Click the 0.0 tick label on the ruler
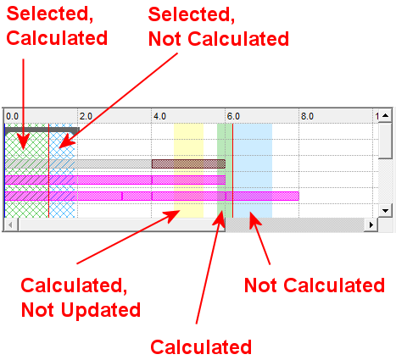12,116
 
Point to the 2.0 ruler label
86,116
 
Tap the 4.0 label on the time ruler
159,116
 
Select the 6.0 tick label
233,116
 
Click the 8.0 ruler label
307,116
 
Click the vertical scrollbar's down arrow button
385,211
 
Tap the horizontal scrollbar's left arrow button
11,225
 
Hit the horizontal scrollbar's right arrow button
371,225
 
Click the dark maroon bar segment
188,163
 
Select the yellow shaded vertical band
188,170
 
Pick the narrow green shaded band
221,170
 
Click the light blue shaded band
253,170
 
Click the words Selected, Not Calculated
219,26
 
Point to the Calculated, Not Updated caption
81,298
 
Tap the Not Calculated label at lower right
315,285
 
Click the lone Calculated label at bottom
201,347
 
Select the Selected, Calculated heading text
57,26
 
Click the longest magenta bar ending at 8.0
152,196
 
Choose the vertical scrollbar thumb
385,141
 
